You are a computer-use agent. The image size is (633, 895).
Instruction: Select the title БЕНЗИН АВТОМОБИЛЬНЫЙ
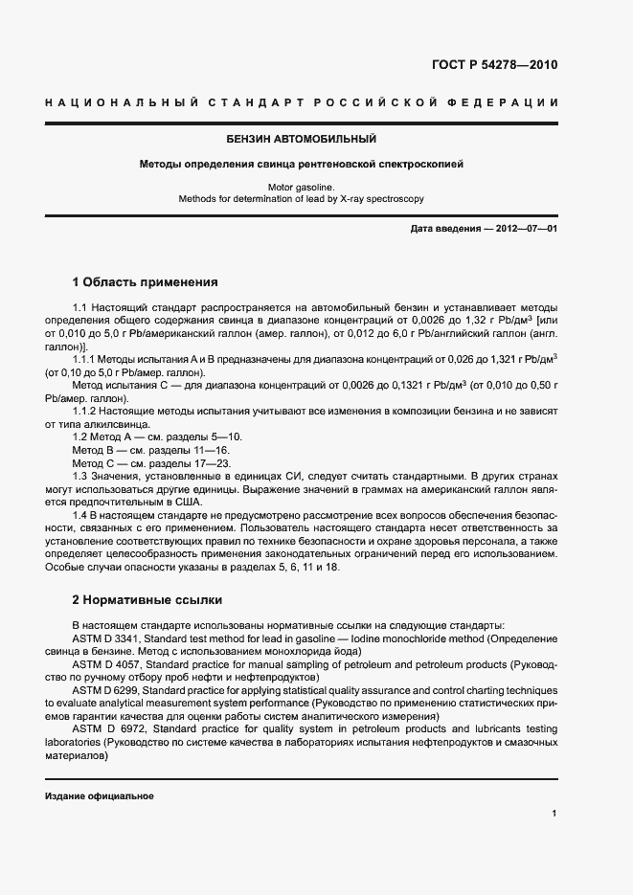click(301, 140)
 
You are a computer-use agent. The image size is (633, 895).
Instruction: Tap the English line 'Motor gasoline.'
click(301, 188)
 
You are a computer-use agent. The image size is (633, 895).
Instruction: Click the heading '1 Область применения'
click(146, 282)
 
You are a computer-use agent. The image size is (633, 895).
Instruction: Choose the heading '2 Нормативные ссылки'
click(147, 600)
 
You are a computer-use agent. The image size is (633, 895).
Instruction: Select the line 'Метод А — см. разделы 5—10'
click(144, 436)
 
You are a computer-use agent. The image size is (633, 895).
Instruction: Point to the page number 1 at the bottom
click(554, 814)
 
